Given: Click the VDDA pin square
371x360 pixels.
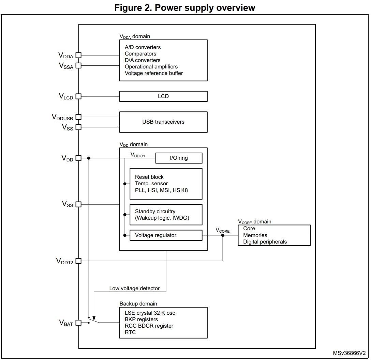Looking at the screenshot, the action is [x=78, y=55].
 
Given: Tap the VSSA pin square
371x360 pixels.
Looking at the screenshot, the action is [x=78, y=65].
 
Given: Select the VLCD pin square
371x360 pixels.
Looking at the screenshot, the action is [x=78, y=96].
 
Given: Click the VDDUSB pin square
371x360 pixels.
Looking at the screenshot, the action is [x=78, y=117].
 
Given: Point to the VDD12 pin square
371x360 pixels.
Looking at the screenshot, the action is [x=78, y=261].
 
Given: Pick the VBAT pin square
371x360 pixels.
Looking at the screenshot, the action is [x=78, y=323].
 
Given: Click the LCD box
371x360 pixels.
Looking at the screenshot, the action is [x=163, y=96].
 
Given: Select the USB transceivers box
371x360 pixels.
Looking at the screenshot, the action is [x=163, y=122].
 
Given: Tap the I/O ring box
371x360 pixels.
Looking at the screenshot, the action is [x=179, y=158].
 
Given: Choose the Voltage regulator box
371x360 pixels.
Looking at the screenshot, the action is [x=166, y=235].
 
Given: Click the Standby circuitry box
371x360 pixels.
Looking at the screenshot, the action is [x=166, y=215].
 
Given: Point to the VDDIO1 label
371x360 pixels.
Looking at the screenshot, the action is [x=138, y=155].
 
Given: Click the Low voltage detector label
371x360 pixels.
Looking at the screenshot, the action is [x=134, y=288].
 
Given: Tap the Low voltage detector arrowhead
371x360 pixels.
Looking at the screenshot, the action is [x=94, y=318].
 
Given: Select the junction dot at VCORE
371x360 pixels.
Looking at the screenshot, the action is [x=223, y=235].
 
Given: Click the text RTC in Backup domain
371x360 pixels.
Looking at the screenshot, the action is [x=130, y=332].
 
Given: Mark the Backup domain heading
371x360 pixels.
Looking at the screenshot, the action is [x=138, y=304].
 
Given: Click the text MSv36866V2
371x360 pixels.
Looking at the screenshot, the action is [x=349, y=353].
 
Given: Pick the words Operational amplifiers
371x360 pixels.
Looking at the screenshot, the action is [x=151, y=67].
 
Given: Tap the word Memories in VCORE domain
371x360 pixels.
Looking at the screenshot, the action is [x=255, y=235].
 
